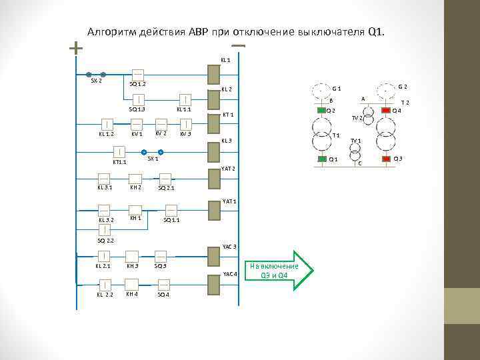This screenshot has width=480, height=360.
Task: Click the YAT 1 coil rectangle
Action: click(x=214, y=210)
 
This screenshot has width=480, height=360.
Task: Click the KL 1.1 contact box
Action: click(x=185, y=99)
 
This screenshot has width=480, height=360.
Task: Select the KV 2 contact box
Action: click(x=161, y=124)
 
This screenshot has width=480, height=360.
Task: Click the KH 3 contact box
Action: click(x=132, y=255)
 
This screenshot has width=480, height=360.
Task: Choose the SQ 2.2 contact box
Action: click(x=105, y=230)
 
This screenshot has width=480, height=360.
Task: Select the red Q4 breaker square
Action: click(x=385, y=110)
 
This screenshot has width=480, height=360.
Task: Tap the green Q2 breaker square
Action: click(x=323, y=110)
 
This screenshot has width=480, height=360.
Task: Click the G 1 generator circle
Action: click(x=323, y=89)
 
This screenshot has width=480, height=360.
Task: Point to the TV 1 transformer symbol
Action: click(x=355, y=150)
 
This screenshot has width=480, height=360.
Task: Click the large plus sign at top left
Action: click(x=76, y=48)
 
